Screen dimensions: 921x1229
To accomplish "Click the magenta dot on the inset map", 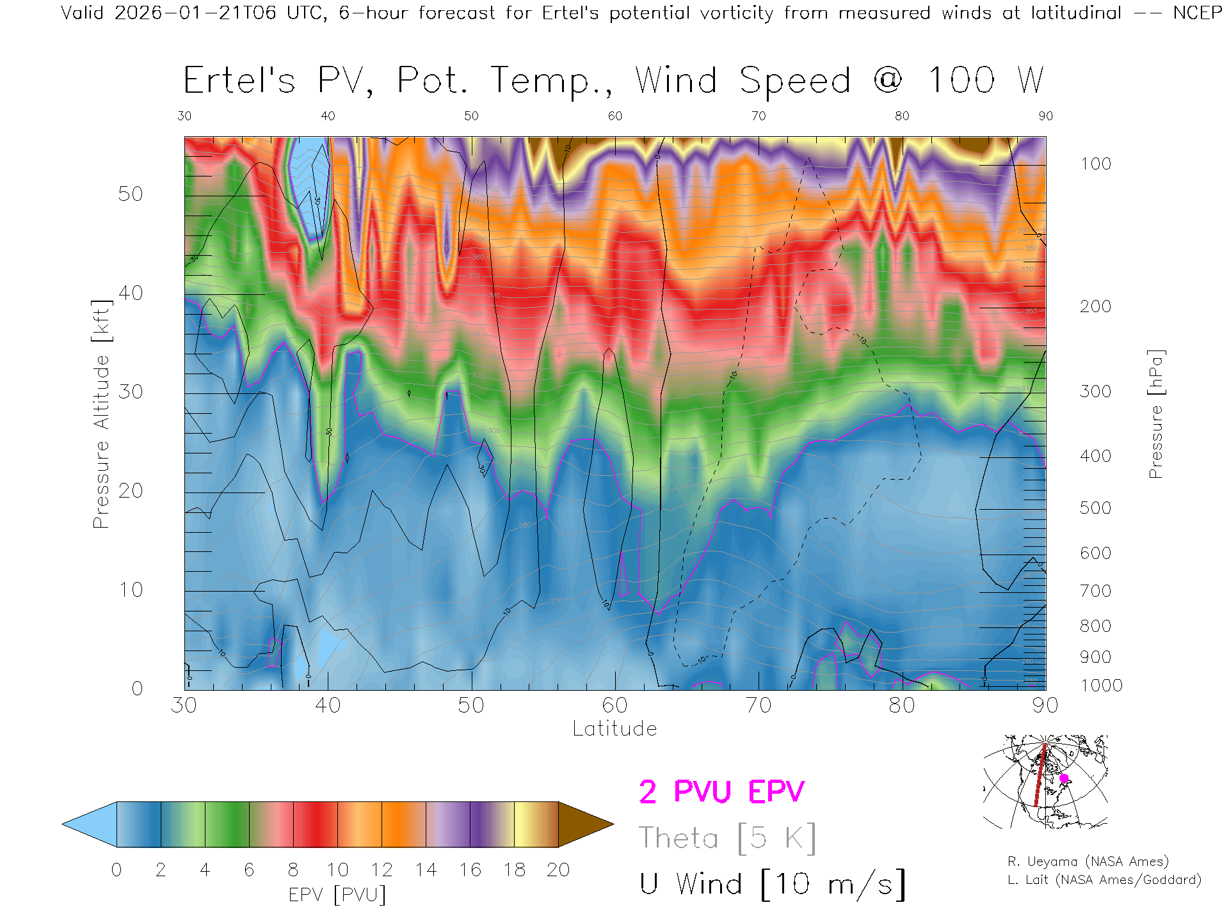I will pos(1064,778).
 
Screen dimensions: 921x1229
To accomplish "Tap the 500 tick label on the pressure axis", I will pos(1096,508).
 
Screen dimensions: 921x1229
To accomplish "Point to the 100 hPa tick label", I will pos(1096,164).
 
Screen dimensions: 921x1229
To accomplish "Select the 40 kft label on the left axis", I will pos(131,293).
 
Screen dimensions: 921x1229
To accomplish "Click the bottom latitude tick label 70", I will pos(759,705).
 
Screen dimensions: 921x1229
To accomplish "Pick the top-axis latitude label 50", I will pos(471,116).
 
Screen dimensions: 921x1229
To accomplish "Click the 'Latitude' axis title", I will pos(614,728).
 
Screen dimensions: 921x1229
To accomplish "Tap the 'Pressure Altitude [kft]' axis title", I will pos(101,414).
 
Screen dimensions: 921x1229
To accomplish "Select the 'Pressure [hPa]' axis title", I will pos(1155,414).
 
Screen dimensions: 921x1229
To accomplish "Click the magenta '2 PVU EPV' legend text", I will pos(721,792).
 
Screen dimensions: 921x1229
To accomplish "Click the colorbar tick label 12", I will pos(382,870).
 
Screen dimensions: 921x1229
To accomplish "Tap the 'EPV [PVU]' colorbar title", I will pos(337,894).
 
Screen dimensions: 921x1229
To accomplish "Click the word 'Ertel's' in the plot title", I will pos(239,81).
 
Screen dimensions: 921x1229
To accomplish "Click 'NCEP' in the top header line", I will pos(1196,13).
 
